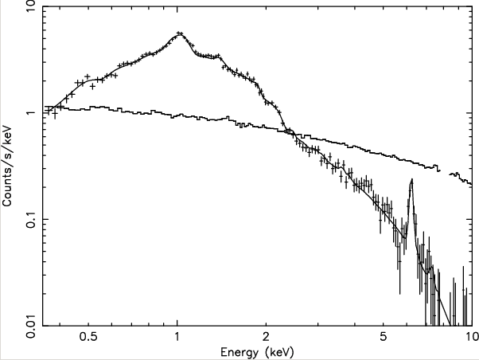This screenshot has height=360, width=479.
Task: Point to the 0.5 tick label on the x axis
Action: [x=88, y=337]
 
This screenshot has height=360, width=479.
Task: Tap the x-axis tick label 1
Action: [x=177, y=337]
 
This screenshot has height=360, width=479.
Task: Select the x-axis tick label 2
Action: [x=266, y=337]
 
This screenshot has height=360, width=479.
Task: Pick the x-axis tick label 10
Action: [x=469, y=337]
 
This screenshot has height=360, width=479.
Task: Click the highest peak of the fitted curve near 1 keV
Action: [x=179, y=33]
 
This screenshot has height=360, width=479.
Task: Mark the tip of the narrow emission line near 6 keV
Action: [x=411, y=180]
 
